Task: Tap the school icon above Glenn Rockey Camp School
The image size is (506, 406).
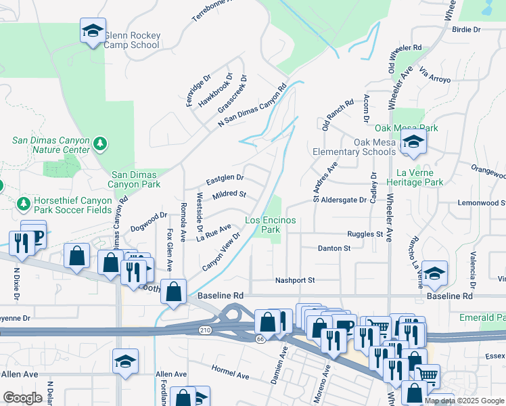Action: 93,30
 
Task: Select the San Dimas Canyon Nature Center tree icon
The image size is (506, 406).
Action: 101,143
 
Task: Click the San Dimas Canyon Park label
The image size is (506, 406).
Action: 134,179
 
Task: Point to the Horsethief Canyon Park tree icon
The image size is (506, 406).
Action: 24,203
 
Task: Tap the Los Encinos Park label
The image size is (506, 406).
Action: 271,225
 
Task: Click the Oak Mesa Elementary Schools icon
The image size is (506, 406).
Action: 411,142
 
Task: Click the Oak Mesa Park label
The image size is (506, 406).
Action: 407,128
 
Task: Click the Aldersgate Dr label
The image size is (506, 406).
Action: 343,200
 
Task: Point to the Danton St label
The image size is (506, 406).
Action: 334,248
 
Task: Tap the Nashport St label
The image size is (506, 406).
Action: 295,280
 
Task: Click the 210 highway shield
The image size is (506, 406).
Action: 204,330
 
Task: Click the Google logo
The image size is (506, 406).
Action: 22,397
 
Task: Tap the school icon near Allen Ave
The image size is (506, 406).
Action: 125,361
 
